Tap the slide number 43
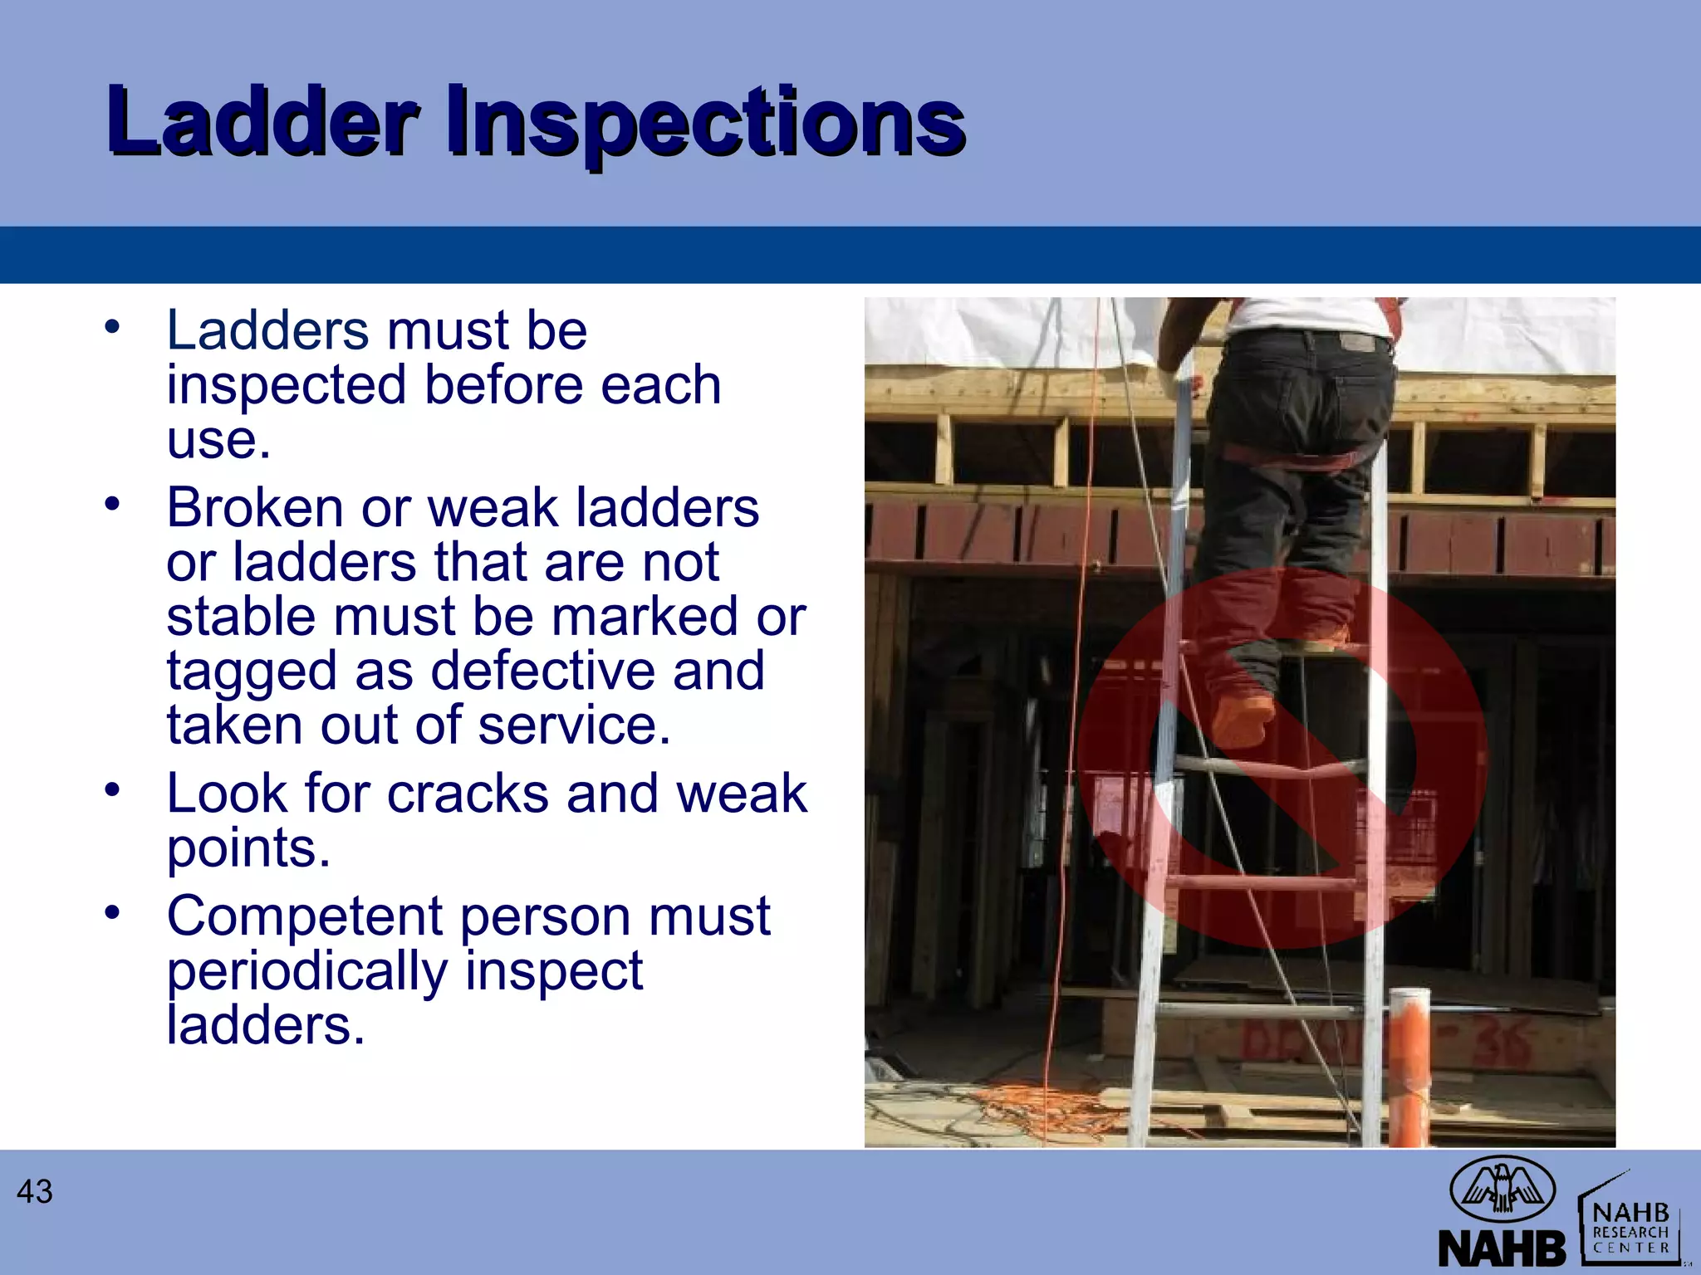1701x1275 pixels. (x=35, y=1192)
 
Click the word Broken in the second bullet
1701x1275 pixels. (x=254, y=508)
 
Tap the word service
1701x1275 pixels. (x=573, y=725)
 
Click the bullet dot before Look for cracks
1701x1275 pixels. (x=113, y=789)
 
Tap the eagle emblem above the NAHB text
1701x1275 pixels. (x=1502, y=1188)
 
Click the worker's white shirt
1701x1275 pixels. (x=1304, y=315)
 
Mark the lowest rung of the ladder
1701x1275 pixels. (x=1258, y=1012)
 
